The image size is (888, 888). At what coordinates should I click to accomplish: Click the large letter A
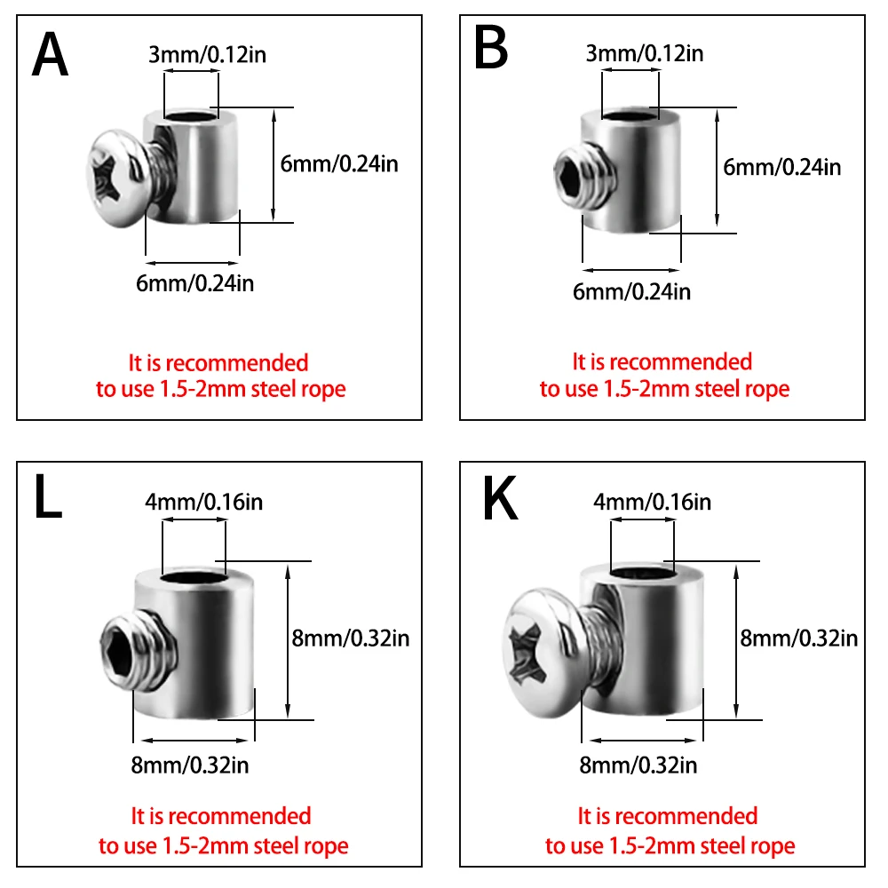click(x=51, y=55)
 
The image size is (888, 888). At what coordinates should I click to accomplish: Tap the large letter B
click(x=490, y=49)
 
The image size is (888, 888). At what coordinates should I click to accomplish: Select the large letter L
click(x=49, y=499)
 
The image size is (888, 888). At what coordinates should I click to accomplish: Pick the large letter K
click(x=499, y=499)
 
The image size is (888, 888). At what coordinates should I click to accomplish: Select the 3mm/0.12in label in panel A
click(x=207, y=55)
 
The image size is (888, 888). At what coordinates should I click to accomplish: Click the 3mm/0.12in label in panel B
click(x=644, y=53)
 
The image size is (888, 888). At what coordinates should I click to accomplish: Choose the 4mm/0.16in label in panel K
click(x=652, y=502)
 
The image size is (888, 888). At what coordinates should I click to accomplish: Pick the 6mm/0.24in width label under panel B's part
click(x=631, y=290)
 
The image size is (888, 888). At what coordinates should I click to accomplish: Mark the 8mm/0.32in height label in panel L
click(x=350, y=637)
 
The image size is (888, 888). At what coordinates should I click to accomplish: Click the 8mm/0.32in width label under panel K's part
click(x=638, y=765)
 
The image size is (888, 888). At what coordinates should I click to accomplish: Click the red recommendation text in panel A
click(x=220, y=376)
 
